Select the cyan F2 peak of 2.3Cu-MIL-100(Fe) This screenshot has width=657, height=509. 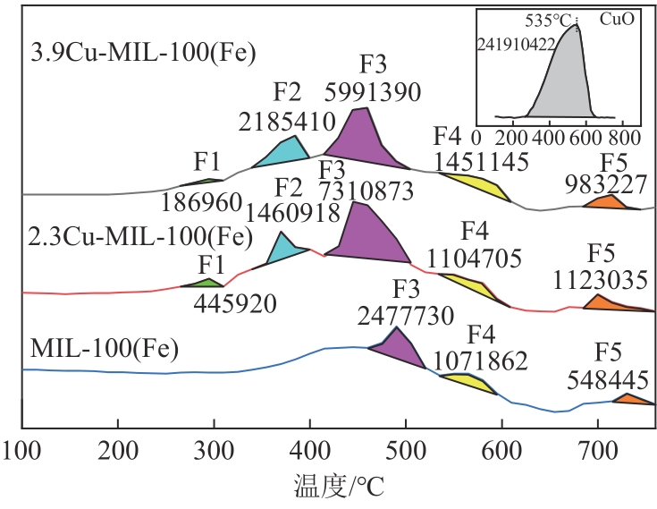(x=285, y=250)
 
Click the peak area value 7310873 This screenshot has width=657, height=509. (x=367, y=190)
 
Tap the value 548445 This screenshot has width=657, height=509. (x=608, y=380)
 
